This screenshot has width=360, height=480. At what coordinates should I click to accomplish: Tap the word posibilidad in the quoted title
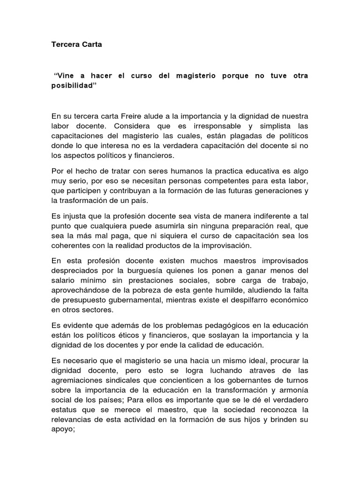(x=70, y=87)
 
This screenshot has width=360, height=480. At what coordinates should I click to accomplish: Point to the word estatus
(x=64, y=411)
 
